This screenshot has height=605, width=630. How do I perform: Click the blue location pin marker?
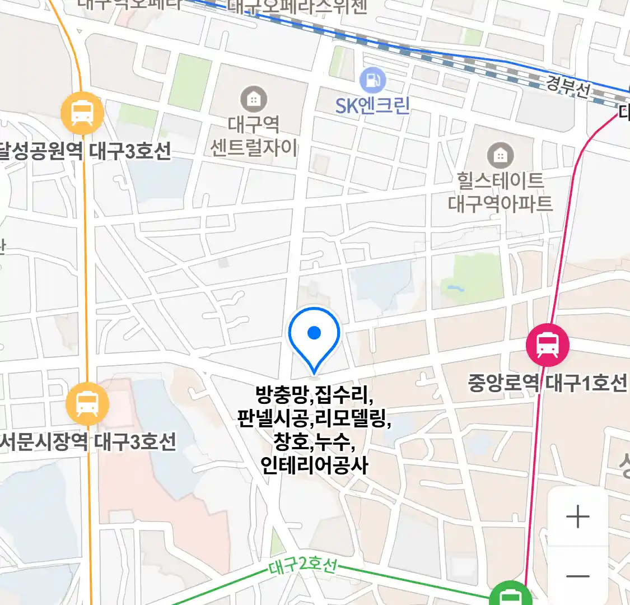pyautogui.click(x=314, y=336)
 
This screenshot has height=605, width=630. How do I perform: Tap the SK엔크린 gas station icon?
pyautogui.click(x=373, y=81)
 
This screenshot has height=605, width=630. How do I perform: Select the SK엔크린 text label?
pyautogui.click(x=373, y=105)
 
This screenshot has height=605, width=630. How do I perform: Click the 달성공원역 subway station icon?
pyautogui.click(x=82, y=113)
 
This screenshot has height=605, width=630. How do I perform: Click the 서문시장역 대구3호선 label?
pyautogui.click(x=87, y=442)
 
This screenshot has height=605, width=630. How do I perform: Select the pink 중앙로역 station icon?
pyautogui.click(x=548, y=345)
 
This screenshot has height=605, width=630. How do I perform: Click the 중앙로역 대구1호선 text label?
pyautogui.click(x=548, y=383)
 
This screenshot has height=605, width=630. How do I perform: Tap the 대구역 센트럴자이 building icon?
pyautogui.click(x=254, y=99)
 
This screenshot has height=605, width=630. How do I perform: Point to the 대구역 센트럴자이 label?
pyautogui.click(x=254, y=136)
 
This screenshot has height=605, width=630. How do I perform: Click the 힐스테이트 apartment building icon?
pyautogui.click(x=500, y=155)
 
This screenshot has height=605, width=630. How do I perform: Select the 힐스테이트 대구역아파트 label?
pyautogui.click(x=500, y=192)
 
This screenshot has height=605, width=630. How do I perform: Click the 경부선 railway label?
pyautogui.click(x=568, y=87)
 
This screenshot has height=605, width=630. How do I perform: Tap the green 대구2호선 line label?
pyautogui.click(x=302, y=566)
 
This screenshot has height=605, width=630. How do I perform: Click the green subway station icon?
pyautogui.click(x=510, y=595)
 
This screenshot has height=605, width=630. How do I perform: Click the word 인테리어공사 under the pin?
pyautogui.click(x=314, y=465)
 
